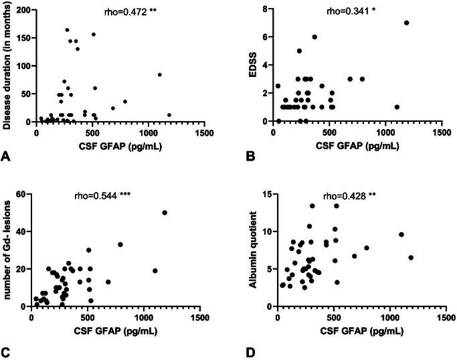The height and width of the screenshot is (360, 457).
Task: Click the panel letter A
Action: point(7,156)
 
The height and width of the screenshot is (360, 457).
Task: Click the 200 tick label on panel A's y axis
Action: point(23,10)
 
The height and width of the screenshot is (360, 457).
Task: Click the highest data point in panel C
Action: point(165,213)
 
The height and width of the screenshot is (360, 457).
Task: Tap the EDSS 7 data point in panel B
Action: point(406,23)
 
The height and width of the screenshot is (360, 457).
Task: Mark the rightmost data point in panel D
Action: point(411,258)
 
